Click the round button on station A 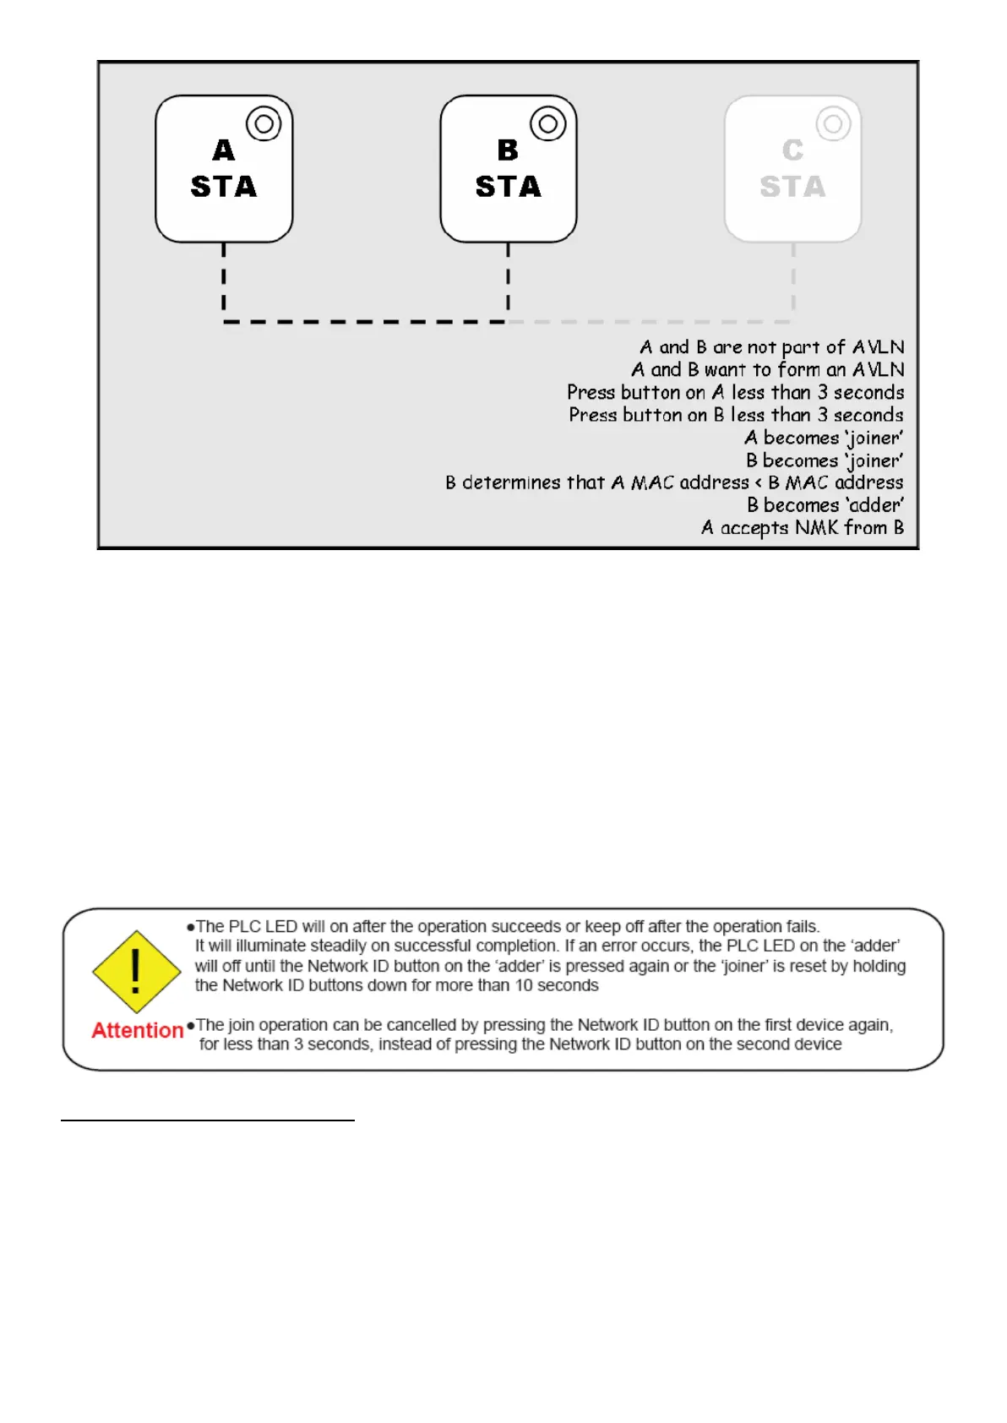coord(264,124)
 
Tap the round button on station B coord(548,124)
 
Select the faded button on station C coord(833,124)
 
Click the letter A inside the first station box coord(224,150)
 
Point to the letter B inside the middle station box coord(508,150)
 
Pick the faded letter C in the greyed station coord(792,150)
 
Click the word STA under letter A coord(224,187)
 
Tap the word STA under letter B coord(508,187)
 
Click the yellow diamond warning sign coord(136,972)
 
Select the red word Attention coord(138,1031)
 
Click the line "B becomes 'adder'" coord(825,505)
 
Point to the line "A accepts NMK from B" coord(802,528)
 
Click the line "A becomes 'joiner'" coord(824,438)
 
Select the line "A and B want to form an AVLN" coord(767,370)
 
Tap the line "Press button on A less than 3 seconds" coord(735,393)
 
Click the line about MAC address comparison coord(674,483)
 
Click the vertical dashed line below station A coord(224,279)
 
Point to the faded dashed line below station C coord(793,279)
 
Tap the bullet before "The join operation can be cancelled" coord(191,1026)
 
